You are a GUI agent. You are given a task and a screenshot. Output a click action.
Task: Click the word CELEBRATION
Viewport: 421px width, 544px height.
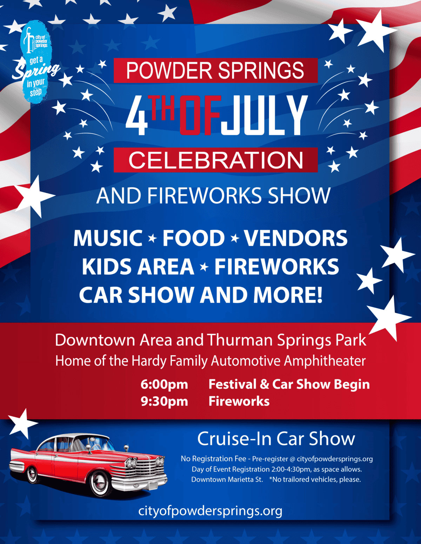[x=216, y=160]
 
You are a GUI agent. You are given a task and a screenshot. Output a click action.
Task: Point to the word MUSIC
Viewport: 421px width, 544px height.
[x=108, y=238]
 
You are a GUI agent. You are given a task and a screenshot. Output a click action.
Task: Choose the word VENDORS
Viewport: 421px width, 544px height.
[x=295, y=238]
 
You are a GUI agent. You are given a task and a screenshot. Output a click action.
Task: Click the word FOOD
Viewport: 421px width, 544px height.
[x=193, y=238]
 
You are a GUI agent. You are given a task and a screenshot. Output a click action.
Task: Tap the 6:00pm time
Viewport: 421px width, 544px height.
[x=164, y=384]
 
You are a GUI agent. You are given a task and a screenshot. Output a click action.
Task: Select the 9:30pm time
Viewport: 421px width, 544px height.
[x=164, y=401]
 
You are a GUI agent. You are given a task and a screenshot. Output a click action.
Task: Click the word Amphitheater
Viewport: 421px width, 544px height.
[x=325, y=361]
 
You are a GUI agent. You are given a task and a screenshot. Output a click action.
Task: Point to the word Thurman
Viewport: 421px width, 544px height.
[x=240, y=340]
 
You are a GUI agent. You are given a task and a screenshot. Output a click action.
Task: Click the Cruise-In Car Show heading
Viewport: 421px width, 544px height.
[x=276, y=439]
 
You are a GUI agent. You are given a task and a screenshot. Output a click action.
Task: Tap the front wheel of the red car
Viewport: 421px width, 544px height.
[x=101, y=484]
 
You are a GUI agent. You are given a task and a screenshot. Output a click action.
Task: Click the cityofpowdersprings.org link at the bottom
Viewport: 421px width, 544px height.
[x=210, y=511]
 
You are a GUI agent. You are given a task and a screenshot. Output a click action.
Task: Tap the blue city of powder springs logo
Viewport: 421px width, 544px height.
[x=36, y=61]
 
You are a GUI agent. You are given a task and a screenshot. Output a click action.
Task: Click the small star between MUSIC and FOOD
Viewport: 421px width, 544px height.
[x=152, y=239]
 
